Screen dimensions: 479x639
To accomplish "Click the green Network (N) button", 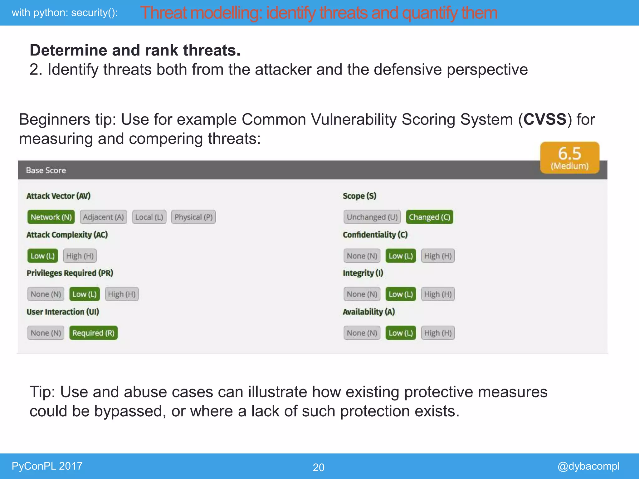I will pos(51,217).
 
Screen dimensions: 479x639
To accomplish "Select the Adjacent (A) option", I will pos(103,217).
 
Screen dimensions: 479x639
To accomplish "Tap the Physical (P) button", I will pos(193,217).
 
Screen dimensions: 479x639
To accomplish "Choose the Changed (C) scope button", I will pos(429,217).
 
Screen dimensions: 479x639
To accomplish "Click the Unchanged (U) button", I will pos(372,217).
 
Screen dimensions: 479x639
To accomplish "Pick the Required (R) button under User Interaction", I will pos(93,333).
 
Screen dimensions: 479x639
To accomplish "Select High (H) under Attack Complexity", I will pos(80,256).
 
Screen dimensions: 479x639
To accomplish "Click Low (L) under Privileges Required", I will pos(85,294).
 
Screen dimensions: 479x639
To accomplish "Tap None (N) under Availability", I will pos(362,333).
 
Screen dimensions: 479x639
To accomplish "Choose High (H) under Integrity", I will pos(438,294).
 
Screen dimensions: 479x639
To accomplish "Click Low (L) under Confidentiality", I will pos(401,256).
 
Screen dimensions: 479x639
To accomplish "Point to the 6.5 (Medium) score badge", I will pos(569,158).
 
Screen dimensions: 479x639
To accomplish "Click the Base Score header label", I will pos(46,170).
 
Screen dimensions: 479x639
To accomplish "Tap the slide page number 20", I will pos(319,467).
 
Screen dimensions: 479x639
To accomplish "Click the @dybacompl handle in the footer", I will pos(588,466).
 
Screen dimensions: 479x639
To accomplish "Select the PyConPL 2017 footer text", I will pos(47,466).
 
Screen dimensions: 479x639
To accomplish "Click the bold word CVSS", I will pos(545,119).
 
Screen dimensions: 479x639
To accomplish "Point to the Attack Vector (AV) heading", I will pos(58,196).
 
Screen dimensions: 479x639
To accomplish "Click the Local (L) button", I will pos(149,217).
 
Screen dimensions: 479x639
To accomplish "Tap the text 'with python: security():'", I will pos(65,13).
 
